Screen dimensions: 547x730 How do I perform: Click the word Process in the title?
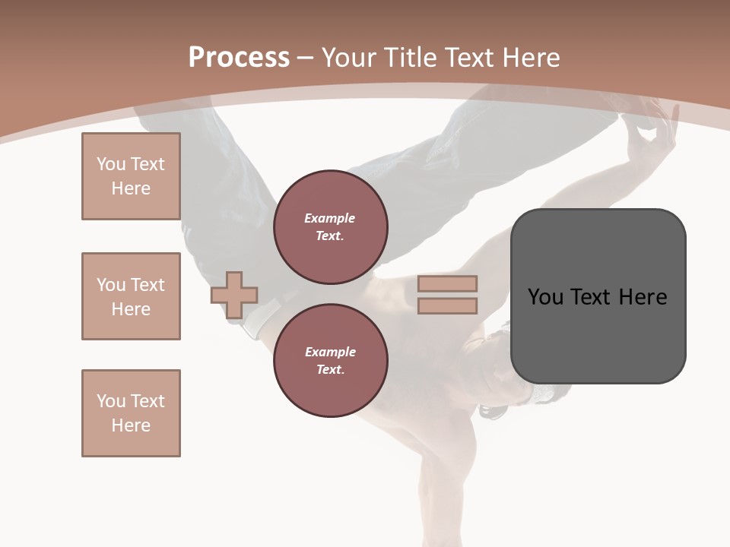239,58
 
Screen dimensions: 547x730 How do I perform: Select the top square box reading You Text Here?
131,176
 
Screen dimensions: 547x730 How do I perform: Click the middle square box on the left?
131,296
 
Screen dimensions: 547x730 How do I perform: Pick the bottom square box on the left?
131,413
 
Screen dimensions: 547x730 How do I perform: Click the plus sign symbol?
234,295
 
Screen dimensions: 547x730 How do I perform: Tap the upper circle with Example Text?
331,227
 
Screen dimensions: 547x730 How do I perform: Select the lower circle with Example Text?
331,361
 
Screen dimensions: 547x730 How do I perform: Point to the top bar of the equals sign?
447,284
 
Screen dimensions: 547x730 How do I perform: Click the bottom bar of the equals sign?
447,305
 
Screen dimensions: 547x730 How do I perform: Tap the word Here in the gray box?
643,297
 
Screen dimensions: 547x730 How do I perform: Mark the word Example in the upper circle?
330,218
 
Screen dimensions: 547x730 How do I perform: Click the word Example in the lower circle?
330,352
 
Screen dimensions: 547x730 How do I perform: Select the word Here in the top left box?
131,188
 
